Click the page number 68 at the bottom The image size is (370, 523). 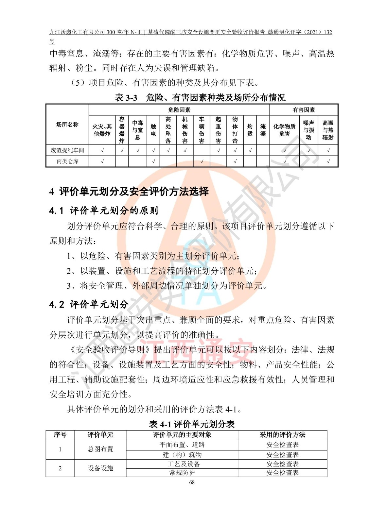click(192, 482)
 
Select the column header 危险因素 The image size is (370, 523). click(179, 110)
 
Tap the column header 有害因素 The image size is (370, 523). click(304, 110)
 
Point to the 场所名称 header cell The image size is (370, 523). click(67, 125)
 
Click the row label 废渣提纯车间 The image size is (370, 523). click(67, 150)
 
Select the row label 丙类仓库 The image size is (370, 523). click(67, 161)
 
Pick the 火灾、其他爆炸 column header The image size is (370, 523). click(102, 130)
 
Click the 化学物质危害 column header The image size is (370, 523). click(284, 130)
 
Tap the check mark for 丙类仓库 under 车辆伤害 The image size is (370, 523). click(202, 161)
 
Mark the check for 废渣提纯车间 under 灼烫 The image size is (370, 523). click(250, 150)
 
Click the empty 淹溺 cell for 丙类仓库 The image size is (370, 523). click(263, 161)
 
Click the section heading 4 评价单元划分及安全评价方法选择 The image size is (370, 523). click(129, 192)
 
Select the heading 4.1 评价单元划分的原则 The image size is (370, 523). click(104, 211)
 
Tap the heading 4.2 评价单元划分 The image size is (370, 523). click(89, 305)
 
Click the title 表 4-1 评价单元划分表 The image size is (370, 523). click(192, 424)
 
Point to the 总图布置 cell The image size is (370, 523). click(100, 449)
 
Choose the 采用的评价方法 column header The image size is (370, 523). click(282, 435)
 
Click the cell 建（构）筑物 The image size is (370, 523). click(182, 455)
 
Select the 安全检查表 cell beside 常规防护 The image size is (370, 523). click(282, 473)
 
